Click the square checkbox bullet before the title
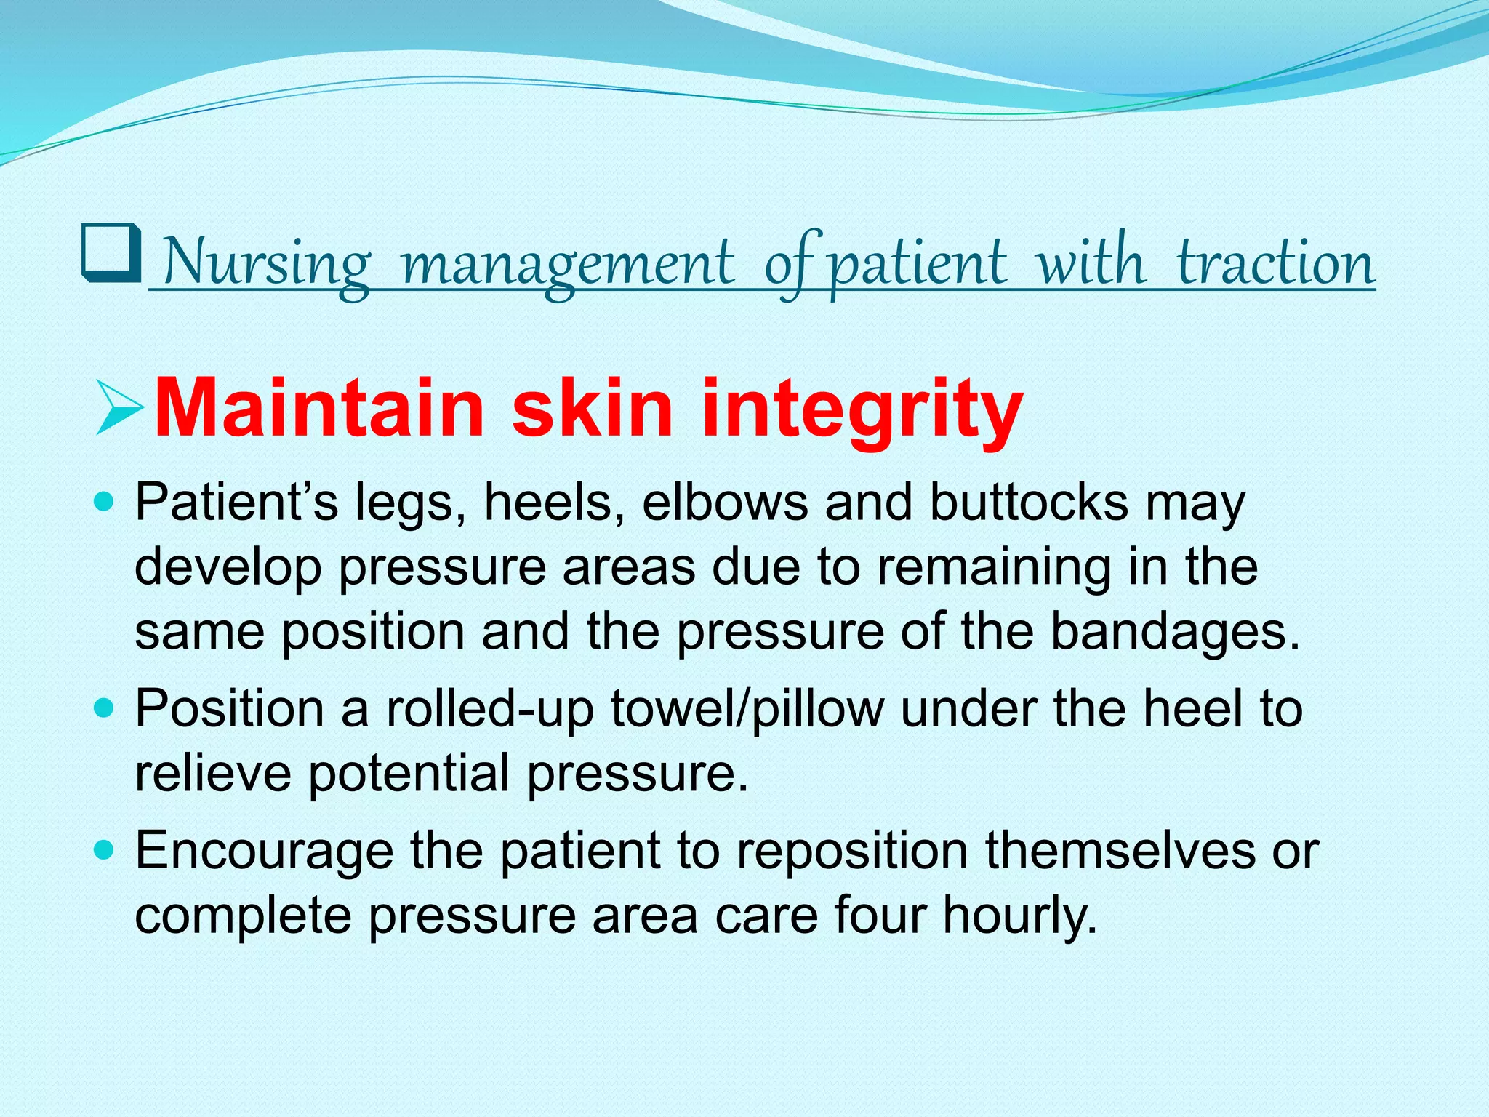[x=111, y=253]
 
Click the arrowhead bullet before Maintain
[x=119, y=409]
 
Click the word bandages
[x=1174, y=631]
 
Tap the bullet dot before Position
[x=105, y=708]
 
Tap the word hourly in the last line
[x=1019, y=915]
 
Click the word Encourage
[x=264, y=851]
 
